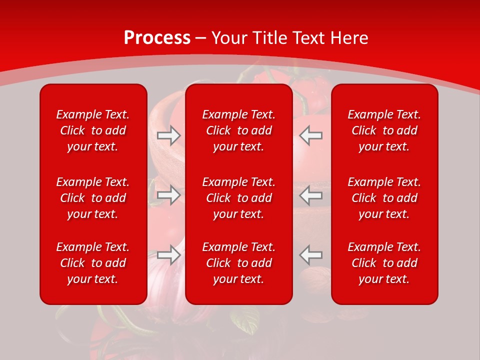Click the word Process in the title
(157, 38)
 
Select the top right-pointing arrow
(169, 135)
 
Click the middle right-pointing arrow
(169, 195)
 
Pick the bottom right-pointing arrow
(169, 255)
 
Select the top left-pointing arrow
(311, 135)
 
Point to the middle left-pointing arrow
(311, 195)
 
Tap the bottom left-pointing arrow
(311, 255)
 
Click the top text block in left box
(93, 130)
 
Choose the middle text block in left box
(93, 198)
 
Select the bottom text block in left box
(93, 263)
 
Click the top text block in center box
(239, 130)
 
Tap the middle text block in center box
(239, 198)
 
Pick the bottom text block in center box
(239, 263)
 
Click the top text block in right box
(384, 130)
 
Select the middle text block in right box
(384, 198)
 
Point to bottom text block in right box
(384, 263)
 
